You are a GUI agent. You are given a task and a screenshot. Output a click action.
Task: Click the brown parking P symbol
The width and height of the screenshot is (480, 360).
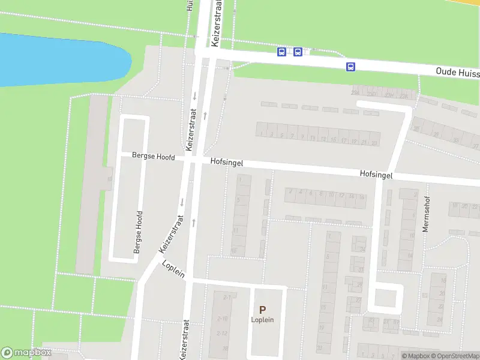point(262,310)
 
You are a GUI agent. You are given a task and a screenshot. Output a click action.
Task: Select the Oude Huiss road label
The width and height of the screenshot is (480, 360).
point(457,72)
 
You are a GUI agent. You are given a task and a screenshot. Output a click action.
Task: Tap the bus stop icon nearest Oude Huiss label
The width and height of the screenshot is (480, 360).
point(350,67)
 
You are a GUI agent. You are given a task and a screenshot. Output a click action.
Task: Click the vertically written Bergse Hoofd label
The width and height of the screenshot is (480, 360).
point(138,232)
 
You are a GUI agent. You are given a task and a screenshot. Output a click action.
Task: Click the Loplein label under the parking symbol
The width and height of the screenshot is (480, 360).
point(262,320)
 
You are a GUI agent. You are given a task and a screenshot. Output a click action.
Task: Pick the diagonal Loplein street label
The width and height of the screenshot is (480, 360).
point(173,269)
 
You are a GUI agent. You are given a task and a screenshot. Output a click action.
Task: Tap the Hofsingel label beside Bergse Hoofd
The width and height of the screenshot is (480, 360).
point(226,162)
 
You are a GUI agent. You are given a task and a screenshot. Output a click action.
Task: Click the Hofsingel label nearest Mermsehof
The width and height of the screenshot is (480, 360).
point(376,175)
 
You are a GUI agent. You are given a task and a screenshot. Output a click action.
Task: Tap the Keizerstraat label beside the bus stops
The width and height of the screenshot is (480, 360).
point(216,24)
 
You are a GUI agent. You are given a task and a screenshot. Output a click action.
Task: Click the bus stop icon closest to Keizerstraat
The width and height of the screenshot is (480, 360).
point(281,52)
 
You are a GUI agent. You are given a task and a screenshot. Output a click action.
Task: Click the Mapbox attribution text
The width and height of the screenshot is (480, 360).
point(416,356)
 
